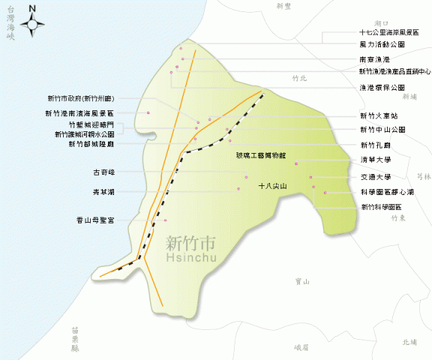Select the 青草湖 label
(x=103, y=192)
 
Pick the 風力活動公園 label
(x=382, y=45)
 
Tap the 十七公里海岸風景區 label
(x=389, y=33)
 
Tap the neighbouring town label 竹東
(x=398, y=218)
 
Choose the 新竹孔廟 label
(x=375, y=145)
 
